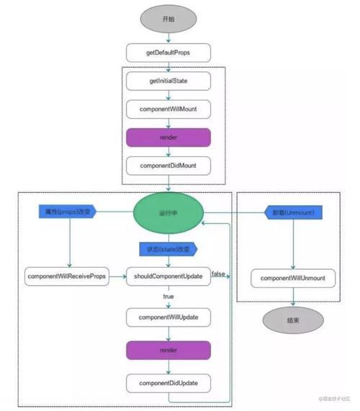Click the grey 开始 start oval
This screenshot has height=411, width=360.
(168, 19)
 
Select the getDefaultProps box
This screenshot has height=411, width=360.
(168, 53)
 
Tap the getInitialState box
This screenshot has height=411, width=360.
(168, 81)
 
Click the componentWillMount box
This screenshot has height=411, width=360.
(168, 109)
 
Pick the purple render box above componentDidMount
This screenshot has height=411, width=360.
(168, 137)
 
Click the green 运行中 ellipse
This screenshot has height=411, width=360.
(168, 213)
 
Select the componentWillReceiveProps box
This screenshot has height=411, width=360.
(66, 276)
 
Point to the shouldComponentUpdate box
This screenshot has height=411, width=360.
(168, 276)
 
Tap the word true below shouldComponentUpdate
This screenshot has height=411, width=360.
(168, 296)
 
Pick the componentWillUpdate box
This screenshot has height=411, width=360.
(168, 317)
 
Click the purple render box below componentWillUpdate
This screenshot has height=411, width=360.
(168, 350)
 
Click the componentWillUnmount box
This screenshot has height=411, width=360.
(293, 277)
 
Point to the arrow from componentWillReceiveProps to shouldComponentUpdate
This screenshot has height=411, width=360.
(117, 276)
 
